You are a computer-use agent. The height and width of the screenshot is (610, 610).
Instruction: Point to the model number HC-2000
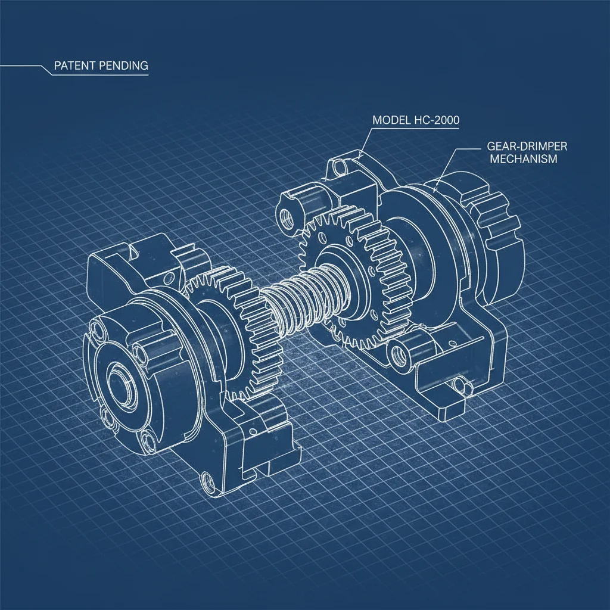(x=440, y=120)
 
